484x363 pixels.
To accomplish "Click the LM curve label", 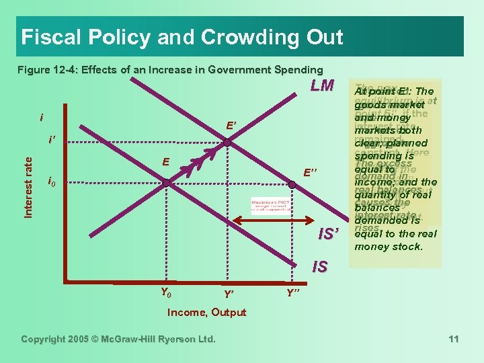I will (x=321, y=86).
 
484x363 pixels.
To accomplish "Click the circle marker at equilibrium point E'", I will (x=228, y=143).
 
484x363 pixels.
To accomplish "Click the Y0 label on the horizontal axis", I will (x=165, y=292).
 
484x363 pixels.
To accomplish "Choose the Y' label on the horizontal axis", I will (x=229, y=294).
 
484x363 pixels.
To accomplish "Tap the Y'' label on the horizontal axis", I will (x=294, y=294).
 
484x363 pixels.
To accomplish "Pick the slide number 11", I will (x=454, y=339).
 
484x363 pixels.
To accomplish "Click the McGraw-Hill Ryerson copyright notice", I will (x=118, y=339).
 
